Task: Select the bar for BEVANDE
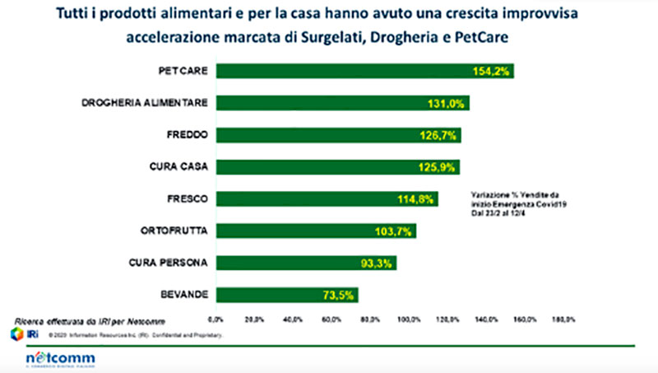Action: pos(287,295)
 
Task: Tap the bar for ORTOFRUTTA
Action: pos(316,231)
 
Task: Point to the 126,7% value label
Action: pos(438,135)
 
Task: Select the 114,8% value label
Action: pos(415,199)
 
